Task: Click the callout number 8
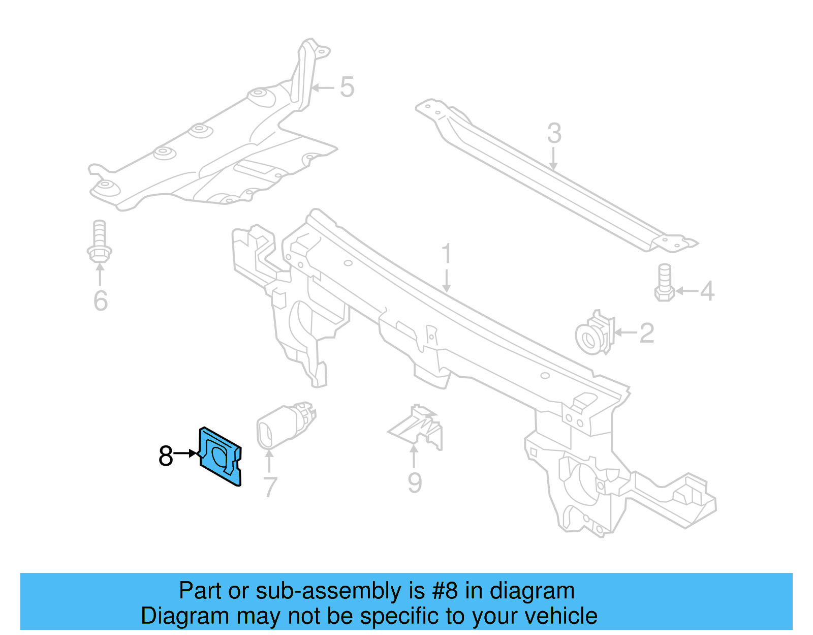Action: [166, 456]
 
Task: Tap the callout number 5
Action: [347, 87]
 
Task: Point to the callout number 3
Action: [554, 133]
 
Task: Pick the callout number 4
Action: [707, 291]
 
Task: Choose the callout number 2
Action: [646, 334]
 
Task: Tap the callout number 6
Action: [101, 300]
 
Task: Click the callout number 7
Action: [270, 487]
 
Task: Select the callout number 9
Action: [415, 482]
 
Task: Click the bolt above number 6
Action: [100, 241]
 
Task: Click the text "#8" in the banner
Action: [445, 591]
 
